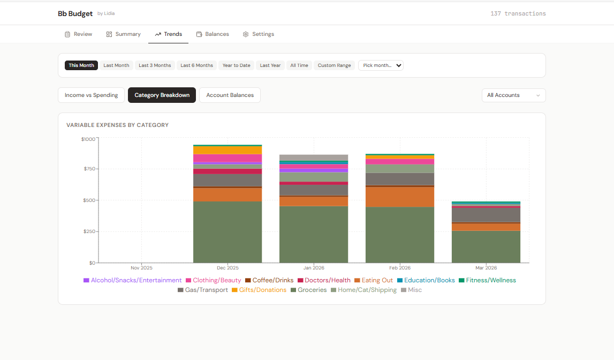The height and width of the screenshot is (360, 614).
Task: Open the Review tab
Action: click(78, 34)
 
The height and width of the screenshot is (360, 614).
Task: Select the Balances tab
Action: click(213, 34)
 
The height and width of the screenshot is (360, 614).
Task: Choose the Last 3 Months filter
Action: click(155, 65)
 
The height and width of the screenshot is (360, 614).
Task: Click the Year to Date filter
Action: click(236, 65)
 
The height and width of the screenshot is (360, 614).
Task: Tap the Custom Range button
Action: click(334, 65)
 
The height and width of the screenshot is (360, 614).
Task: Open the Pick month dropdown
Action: click(381, 65)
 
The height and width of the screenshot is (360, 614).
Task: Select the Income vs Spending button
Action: click(91, 95)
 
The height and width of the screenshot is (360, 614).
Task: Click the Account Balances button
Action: click(230, 95)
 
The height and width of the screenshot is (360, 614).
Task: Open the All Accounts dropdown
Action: click(513, 95)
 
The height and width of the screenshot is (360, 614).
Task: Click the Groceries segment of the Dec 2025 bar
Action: click(228, 232)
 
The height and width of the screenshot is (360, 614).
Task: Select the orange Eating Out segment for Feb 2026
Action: click(400, 197)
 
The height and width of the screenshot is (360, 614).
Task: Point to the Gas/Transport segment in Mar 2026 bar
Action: click(486, 214)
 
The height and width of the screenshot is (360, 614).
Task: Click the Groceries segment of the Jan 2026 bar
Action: click(314, 235)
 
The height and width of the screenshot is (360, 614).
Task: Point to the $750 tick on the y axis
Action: click(88, 169)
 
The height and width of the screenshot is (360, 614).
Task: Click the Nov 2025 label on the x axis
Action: click(142, 268)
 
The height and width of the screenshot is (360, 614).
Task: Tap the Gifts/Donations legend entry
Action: click(259, 290)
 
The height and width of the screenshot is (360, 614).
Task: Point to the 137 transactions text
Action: click(518, 13)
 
